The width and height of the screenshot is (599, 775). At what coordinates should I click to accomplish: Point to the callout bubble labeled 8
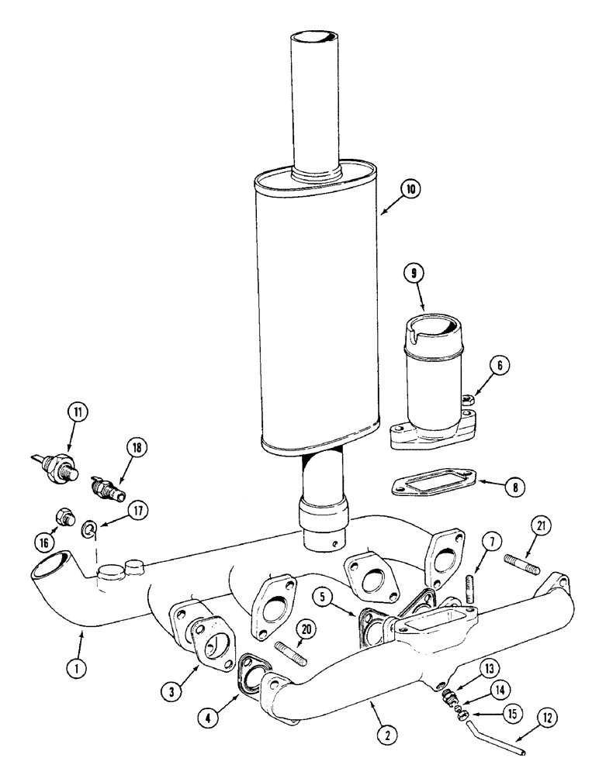514,487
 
